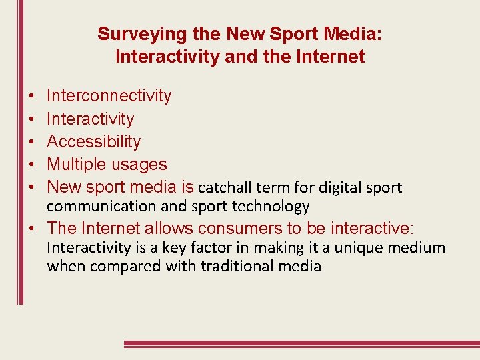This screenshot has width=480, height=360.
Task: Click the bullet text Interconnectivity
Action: (x=109, y=96)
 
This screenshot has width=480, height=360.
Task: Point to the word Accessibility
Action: (x=94, y=141)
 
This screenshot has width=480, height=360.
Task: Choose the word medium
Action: (x=421, y=248)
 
